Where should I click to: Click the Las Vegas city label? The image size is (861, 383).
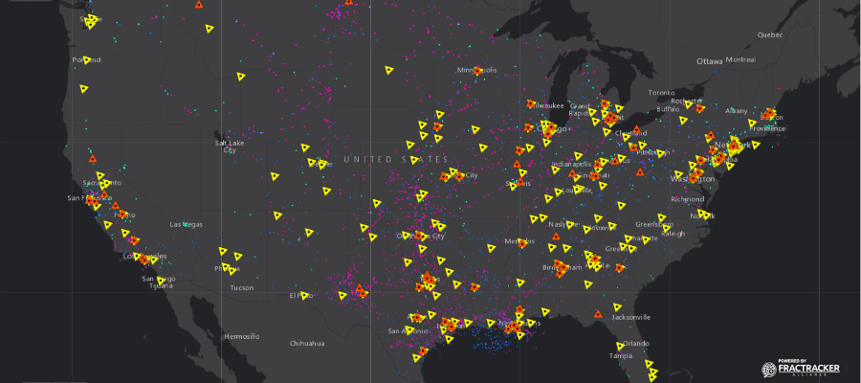[186, 224]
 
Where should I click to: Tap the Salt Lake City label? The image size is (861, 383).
[230, 146]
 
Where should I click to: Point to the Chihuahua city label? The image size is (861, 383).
[308, 343]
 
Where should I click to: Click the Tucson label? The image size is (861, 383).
[242, 287]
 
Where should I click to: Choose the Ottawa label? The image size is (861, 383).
[710, 61]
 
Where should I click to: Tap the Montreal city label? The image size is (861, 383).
[740, 59]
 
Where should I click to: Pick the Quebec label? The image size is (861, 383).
[770, 34]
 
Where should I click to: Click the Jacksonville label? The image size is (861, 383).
[631, 317]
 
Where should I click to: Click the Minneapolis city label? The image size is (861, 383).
[477, 70]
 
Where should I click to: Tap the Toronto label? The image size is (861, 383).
[661, 93]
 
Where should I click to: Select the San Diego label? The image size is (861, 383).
[159, 279]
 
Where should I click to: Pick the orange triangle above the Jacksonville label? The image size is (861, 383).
[598, 314]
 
